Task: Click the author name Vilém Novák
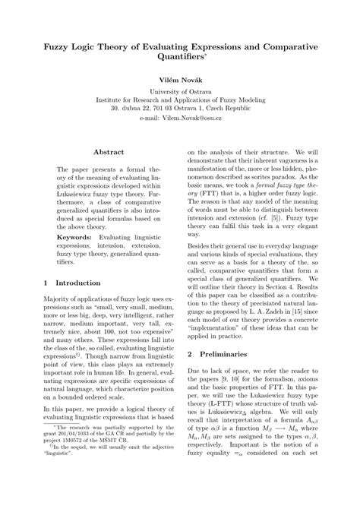[179, 78]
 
